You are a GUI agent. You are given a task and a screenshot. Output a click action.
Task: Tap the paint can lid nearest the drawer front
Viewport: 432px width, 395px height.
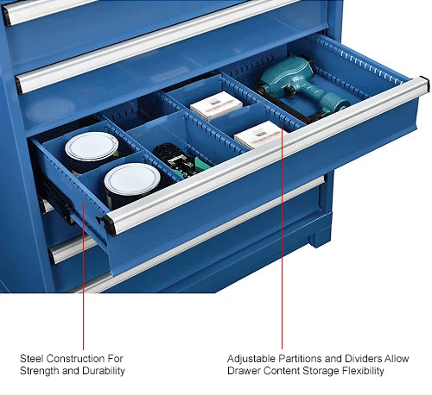[x=132, y=179]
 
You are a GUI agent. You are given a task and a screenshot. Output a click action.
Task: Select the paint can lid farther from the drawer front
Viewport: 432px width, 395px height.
[x=92, y=146]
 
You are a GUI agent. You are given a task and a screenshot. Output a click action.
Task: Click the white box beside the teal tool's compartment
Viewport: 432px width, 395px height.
[x=216, y=105]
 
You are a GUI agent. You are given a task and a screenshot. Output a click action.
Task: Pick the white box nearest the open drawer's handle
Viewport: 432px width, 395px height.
[x=257, y=135]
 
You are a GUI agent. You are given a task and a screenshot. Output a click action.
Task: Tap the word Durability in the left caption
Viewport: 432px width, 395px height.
[x=104, y=371]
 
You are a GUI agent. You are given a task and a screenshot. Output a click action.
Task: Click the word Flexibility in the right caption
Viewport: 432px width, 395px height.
[x=363, y=371]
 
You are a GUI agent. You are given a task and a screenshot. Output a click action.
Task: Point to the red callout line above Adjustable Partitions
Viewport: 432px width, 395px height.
[x=283, y=236]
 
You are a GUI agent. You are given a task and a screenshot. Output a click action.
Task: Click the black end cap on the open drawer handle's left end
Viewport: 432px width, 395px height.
[x=109, y=225]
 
